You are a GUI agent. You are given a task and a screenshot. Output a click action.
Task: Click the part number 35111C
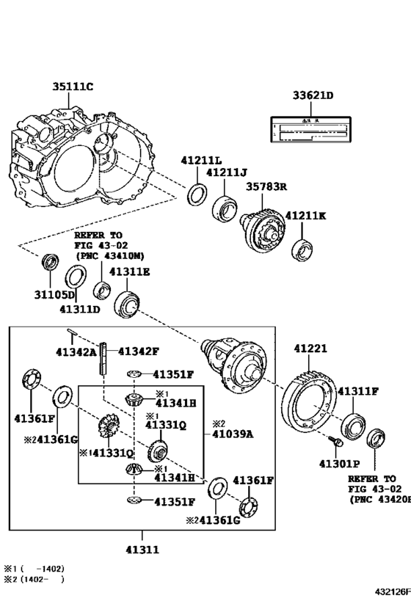point(72,87)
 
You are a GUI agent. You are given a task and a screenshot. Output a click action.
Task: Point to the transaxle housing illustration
point(81,158)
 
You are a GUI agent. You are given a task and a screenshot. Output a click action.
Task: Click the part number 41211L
point(203,160)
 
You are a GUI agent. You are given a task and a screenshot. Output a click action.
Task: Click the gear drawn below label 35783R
point(262,228)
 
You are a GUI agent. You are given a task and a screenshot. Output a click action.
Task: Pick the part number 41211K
point(306,216)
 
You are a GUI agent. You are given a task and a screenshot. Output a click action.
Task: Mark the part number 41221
point(310,348)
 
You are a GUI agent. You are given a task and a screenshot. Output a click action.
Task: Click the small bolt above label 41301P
point(335,442)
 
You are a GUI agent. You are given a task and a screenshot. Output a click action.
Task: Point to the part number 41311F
point(357,391)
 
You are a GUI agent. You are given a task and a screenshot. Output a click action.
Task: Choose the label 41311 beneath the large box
point(142,548)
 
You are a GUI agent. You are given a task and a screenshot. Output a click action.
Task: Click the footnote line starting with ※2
point(34,579)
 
